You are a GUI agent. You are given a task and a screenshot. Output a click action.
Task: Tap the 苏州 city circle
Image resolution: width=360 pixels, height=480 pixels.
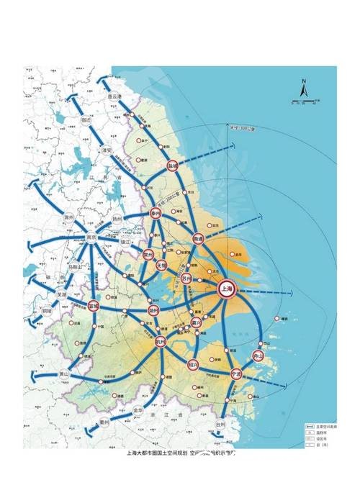187,278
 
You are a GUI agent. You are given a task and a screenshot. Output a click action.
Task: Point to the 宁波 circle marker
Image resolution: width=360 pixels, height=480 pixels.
235,375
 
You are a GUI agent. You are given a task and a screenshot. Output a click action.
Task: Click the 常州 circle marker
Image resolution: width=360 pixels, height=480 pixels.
148,254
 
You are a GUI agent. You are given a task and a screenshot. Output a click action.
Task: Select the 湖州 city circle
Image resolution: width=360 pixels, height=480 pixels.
153,310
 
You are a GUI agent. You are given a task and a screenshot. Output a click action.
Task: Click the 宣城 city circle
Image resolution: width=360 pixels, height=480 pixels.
94,306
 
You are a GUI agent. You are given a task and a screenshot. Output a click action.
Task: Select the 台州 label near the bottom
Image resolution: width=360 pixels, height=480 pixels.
220,425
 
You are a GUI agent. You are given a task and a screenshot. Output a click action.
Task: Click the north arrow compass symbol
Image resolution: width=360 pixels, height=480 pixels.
305,91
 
